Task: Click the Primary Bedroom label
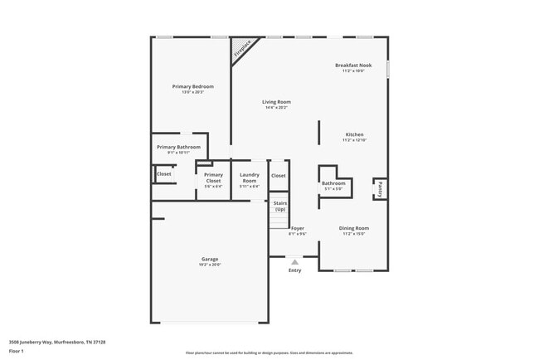click(193, 87)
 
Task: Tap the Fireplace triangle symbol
click(241, 47)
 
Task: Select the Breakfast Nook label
click(353, 66)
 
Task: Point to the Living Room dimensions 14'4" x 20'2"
click(277, 108)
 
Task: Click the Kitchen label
click(354, 134)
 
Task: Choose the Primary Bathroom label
click(178, 147)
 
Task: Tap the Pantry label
click(380, 189)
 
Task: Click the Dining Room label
click(354, 228)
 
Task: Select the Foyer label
click(297, 228)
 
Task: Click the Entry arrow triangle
click(294, 261)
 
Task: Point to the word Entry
click(294, 270)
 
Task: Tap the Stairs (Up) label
click(280, 206)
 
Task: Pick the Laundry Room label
click(250, 178)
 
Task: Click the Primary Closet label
click(213, 178)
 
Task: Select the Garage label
click(209, 259)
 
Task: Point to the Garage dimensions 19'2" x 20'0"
click(209, 265)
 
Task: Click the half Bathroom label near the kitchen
click(333, 183)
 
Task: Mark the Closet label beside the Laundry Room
click(279, 176)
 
